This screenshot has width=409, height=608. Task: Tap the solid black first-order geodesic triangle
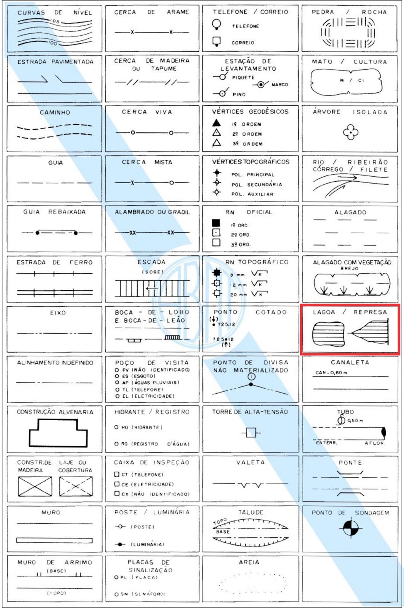216,123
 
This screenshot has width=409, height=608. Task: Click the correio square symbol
216,41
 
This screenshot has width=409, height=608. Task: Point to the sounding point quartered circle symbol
350,527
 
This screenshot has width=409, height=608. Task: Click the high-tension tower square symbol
251,432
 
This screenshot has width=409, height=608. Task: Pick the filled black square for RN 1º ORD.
216,223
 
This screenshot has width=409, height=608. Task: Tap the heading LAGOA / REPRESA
350,312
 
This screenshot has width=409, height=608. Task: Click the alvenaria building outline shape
58,432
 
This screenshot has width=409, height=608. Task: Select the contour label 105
55,21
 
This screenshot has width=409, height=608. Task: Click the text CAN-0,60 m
331,373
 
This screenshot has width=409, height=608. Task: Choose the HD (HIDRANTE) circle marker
117,427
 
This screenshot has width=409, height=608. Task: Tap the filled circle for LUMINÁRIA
120,544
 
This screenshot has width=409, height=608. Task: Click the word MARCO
280,84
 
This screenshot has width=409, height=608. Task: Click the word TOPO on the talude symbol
220,522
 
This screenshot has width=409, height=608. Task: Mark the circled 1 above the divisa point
251,377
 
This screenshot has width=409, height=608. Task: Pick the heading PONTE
350,462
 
